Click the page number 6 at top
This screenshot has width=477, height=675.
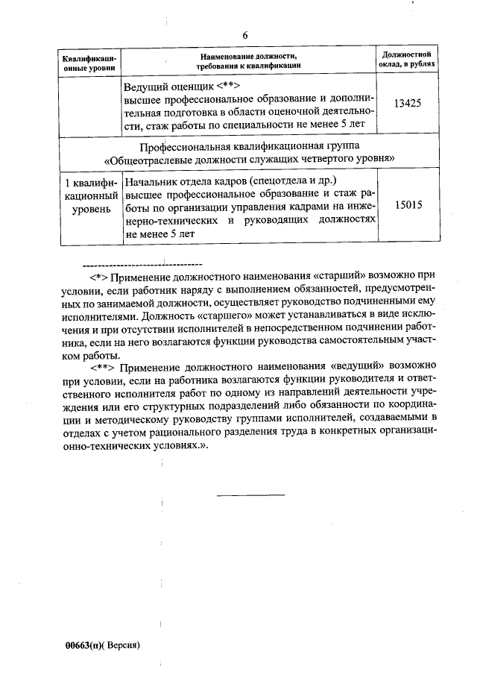point(244,35)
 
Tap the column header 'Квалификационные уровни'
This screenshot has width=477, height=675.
point(89,62)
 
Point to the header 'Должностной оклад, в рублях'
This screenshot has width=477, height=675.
point(408,60)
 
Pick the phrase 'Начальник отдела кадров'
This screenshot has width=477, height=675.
point(187,180)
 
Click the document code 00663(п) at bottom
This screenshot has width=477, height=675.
point(83,644)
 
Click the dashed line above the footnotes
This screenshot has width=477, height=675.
point(141,263)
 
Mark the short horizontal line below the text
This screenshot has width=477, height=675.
point(250,495)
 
